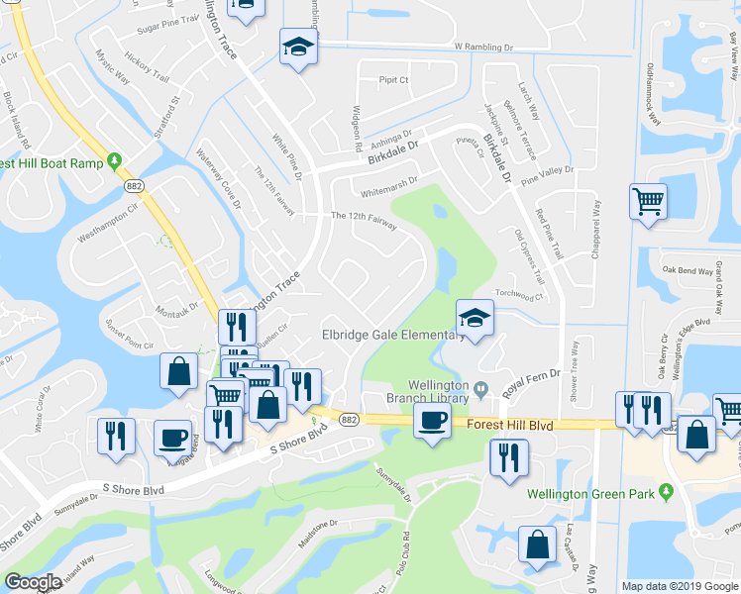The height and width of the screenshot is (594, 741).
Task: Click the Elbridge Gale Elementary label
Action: point(393,335)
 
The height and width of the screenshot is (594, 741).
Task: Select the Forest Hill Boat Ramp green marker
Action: point(115,160)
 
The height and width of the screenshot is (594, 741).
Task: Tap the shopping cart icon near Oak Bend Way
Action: point(648,202)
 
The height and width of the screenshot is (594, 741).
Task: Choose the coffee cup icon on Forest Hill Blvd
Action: point(432,420)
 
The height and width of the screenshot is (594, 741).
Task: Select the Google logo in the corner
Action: point(33,582)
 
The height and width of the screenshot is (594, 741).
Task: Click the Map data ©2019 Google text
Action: point(680,586)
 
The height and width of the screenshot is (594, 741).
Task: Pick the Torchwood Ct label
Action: point(521,295)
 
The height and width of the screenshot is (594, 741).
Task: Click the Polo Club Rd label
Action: point(405,545)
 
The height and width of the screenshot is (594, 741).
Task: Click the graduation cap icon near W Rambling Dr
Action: point(296,47)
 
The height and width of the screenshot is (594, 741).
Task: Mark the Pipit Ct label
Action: point(393,80)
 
